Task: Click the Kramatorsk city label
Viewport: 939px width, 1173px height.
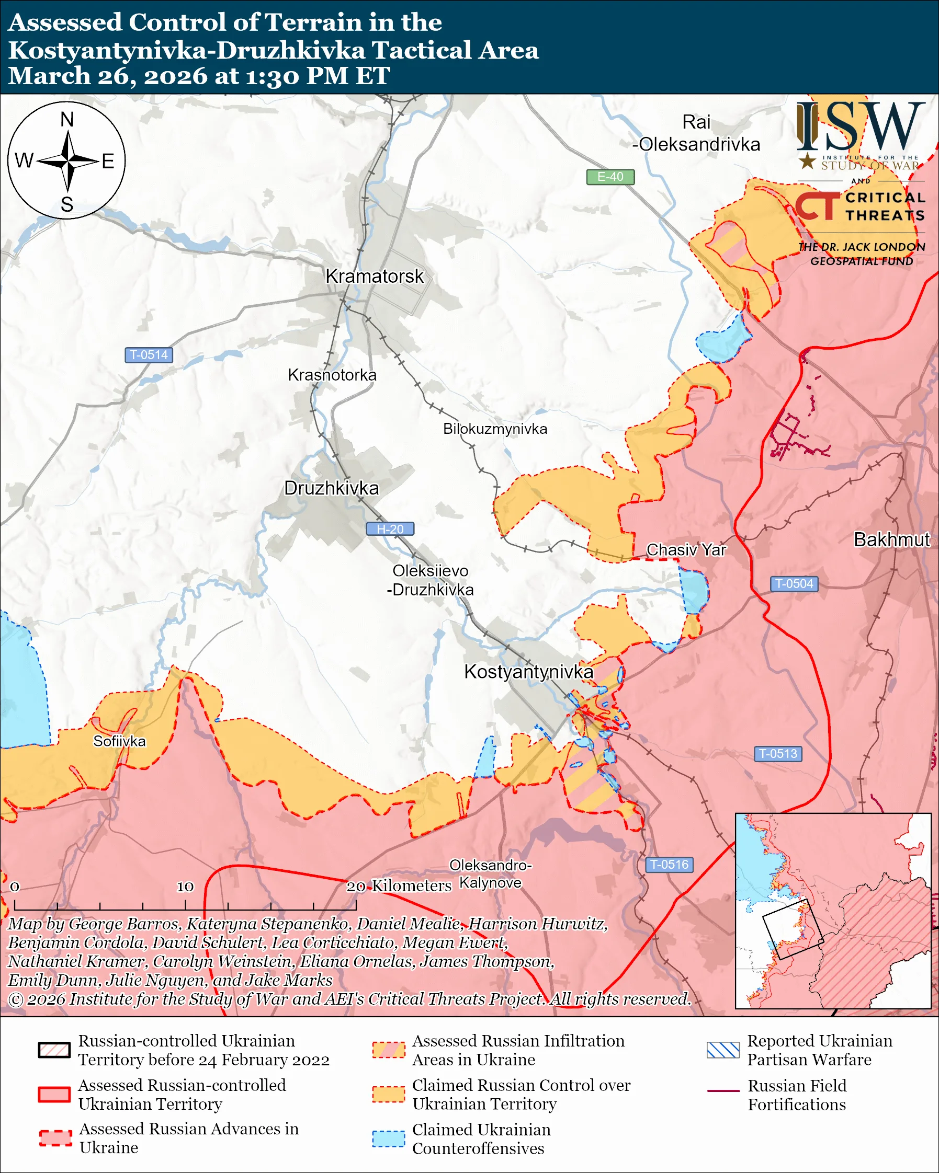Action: coord(374,277)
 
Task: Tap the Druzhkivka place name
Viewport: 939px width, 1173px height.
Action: coord(331,488)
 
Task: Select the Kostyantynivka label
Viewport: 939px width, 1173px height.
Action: coord(528,671)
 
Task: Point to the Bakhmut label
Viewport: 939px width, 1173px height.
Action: coord(891,539)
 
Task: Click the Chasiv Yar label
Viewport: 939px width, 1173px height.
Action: coord(686,549)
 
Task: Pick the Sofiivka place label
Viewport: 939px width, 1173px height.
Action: coord(119,741)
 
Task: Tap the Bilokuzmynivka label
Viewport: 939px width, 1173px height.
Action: coord(495,429)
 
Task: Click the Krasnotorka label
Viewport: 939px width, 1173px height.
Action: coord(332,375)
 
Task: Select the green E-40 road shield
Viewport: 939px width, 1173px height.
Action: coord(609,177)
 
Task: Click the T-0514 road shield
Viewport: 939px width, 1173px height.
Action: coord(149,355)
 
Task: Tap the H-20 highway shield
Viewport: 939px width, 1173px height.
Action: coord(390,529)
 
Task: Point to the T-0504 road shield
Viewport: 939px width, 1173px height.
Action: coord(794,584)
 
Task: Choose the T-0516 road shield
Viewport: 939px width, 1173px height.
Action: coord(669,865)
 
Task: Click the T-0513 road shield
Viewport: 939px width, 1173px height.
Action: coord(778,754)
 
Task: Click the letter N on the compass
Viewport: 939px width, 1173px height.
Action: coord(67,120)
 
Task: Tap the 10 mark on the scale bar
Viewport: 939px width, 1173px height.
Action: coord(185,886)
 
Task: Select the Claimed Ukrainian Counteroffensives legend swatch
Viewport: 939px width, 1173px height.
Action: coord(388,1138)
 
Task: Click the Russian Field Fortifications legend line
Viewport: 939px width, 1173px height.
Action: coord(723,1091)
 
